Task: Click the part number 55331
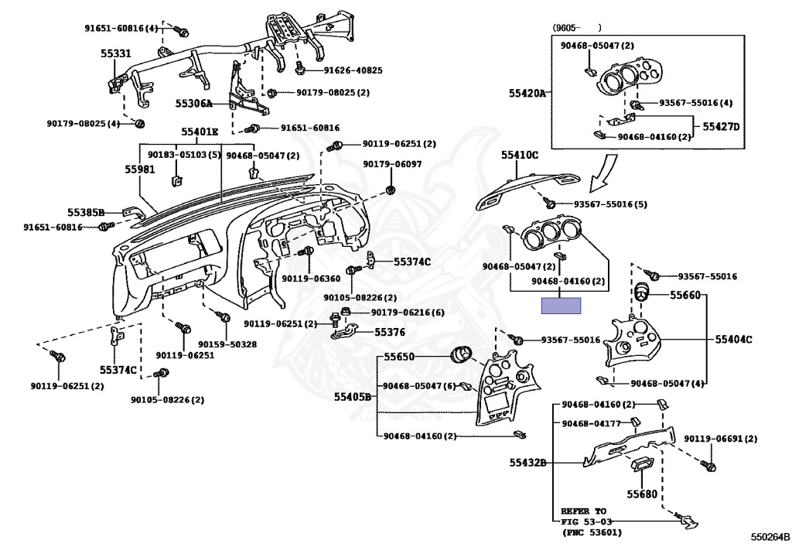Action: pyautogui.click(x=116, y=54)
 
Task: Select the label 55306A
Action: pyautogui.click(x=193, y=103)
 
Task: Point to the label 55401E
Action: pyautogui.click(x=200, y=132)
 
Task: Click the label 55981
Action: pyautogui.click(x=141, y=169)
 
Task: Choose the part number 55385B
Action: pyautogui.click(x=85, y=211)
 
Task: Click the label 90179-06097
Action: pyautogui.click(x=393, y=165)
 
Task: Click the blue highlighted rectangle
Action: pyautogui.click(x=561, y=305)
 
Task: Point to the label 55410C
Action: pyautogui.click(x=519, y=156)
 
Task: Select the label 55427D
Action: pyautogui.click(x=721, y=126)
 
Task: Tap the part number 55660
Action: pyautogui.click(x=684, y=295)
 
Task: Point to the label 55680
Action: pyautogui.click(x=641, y=494)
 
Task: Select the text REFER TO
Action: pyautogui.click(x=584, y=511)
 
